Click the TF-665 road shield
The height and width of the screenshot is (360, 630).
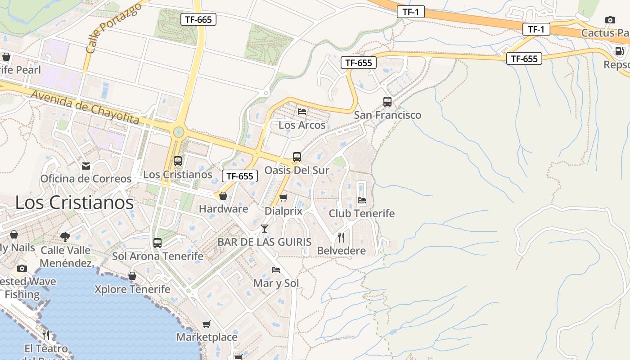pos(198,19)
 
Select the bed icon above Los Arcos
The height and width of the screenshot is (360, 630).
pos(302,111)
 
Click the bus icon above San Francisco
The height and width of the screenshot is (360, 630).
pos(387,101)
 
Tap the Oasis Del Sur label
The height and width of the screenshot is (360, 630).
pos(297,170)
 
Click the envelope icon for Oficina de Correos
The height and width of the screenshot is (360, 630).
pos(86,166)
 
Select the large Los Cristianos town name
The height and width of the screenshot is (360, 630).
pos(74,202)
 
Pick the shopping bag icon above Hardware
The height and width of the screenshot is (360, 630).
pos(223,196)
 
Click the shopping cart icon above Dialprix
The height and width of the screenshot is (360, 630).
pos(283,198)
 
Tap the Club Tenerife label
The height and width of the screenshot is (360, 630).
pos(361,213)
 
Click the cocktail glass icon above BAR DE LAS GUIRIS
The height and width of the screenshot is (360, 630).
pos(265,229)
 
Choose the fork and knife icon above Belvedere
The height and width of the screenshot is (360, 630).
pos(341,238)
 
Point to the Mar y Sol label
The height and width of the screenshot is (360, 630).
pos(276,283)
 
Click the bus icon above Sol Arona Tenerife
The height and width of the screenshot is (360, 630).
pos(157,243)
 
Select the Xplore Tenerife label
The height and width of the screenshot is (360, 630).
pos(132,289)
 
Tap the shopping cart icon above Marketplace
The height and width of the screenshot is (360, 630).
pos(206,324)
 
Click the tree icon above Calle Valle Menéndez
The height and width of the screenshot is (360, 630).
pos(65,237)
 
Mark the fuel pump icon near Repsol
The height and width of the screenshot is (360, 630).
pos(619,51)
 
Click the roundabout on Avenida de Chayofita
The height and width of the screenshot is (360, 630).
pos(179,132)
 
